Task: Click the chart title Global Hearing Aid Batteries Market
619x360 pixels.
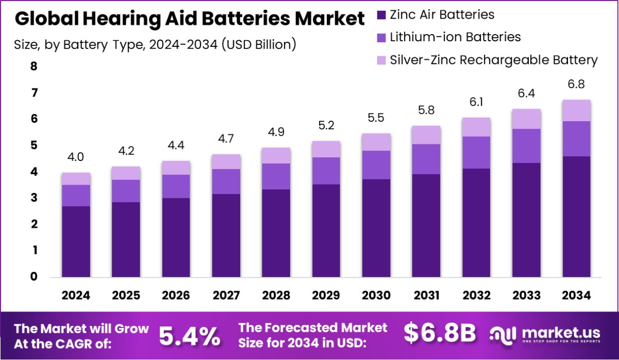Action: click(189, 19)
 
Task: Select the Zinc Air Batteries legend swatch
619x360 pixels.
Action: click(381, 14)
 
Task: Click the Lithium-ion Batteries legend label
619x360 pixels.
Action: click(455, 37)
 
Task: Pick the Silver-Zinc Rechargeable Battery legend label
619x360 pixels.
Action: click(494, 60)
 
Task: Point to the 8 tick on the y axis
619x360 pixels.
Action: click(34, 67)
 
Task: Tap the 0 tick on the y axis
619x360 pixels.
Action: click(34, 277)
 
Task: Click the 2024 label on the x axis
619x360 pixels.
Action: click(76, 296)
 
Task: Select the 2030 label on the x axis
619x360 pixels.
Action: click(376, 296)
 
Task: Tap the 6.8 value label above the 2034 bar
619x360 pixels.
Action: click(576, 84)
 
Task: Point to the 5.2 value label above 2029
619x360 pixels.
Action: click(326, 126)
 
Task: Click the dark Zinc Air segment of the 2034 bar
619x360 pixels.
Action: click(576, 217)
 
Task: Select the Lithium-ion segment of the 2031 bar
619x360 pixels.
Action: click(426, 159)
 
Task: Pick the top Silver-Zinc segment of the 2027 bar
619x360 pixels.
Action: click(226, 161)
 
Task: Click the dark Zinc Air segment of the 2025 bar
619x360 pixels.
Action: click(126, 239)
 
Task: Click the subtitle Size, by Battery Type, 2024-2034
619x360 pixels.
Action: click(155, 44)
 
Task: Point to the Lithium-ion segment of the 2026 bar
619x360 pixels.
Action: click(176, 186)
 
